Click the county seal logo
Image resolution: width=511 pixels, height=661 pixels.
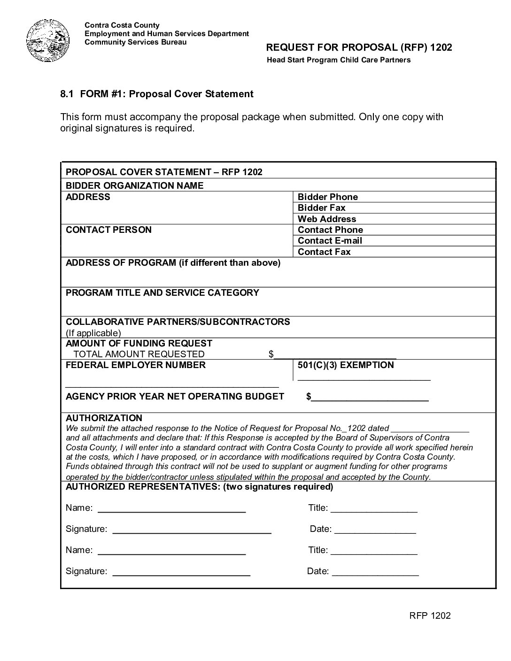tap(48, 41)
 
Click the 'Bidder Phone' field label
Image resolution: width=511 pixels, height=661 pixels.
tap(327, 197)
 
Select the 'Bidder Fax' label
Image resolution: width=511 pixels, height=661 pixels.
tap(321, 208)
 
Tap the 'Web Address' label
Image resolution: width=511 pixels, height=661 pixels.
tap(326, 219)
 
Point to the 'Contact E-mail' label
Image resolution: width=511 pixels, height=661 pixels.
tap(330, 240)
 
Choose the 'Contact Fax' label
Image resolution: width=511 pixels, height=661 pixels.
tap(324, 252)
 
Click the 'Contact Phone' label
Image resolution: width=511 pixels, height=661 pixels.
tap(330, 230)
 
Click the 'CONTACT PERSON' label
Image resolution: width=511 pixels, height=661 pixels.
tap(108, 230)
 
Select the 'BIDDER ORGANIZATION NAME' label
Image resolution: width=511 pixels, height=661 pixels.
tap(134, 185)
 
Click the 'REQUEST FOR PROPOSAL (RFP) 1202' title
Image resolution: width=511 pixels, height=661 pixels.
tap(359, 47)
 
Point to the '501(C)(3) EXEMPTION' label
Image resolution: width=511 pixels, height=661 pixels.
tap(346, 365)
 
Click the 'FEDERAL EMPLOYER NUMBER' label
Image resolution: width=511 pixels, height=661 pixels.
tap(135, 365)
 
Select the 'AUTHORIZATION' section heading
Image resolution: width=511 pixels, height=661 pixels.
tap(104, 418)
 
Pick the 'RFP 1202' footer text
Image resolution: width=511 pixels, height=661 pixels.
tap(430, 615)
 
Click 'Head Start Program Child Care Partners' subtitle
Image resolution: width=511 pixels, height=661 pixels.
tap(339, 60)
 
